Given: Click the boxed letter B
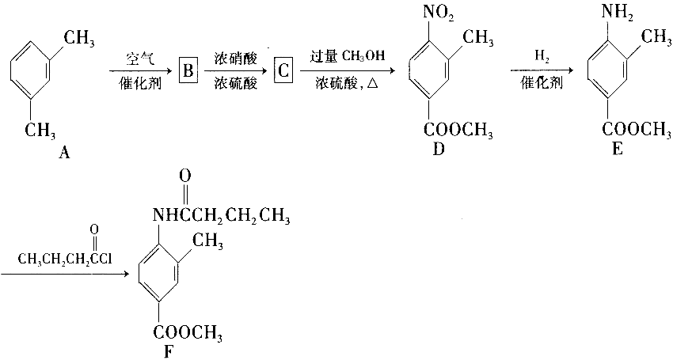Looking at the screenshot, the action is [x=188, y=70].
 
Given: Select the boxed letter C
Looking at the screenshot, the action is [x=283, y=70].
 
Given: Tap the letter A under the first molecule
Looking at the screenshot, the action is [x=63, y=152].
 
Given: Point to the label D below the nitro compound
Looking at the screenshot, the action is [x=438, y=149].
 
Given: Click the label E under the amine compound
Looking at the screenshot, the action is [x=618, y=149].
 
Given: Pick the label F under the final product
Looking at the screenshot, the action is [x=168, y=351].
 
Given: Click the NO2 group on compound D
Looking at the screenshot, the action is [x=438, y=13].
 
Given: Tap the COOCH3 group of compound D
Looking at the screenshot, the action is [x=458, y=130].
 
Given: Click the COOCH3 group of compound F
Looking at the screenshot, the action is [x=188, y=332].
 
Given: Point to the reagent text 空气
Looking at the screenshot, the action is [x=140, y=59].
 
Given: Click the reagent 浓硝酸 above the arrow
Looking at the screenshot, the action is [x=236, y=59].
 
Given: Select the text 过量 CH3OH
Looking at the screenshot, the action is [x=348, y=56].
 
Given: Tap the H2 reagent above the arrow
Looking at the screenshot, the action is [x=542, y=56].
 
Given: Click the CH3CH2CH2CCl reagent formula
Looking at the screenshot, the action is [x=65, y=260].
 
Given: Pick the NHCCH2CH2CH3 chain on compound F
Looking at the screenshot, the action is [x=221, y=216].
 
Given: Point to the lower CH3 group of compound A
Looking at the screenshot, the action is [x=40, y=130].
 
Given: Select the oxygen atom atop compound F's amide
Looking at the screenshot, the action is [x=186, y=176].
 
